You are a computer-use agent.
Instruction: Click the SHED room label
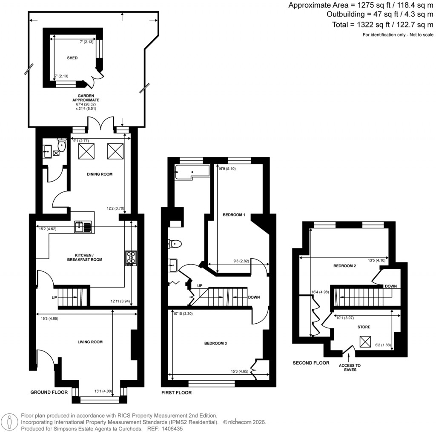(x=72, y=58)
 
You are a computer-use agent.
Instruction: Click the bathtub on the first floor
(x=192, y=172)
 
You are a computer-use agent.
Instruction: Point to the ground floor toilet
(x=62, y=145)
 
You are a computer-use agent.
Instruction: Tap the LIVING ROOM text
(x=90, y=342)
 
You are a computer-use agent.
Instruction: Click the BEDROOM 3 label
(x=215, y=343)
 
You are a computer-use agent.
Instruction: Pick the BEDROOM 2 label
(x=344, y=266)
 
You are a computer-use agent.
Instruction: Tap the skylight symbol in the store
(x=365, y=342)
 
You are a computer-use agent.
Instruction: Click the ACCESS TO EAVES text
(x=350, y=367)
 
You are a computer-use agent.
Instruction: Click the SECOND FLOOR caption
(x=311, y=363)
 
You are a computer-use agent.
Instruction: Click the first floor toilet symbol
(x=175, y=244)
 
